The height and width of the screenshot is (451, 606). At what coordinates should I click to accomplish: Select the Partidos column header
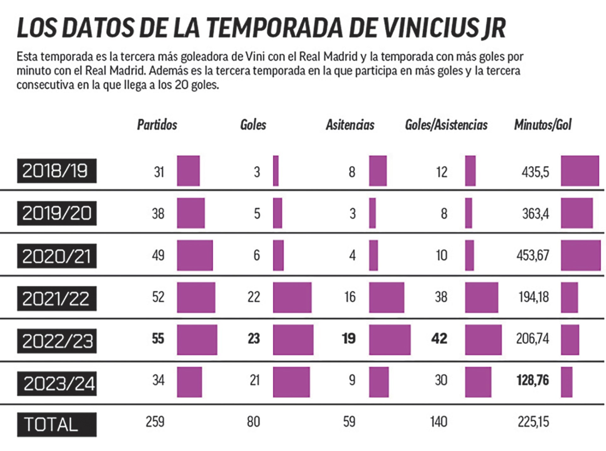point(157,125)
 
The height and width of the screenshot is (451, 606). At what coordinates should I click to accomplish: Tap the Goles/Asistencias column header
point(446,125)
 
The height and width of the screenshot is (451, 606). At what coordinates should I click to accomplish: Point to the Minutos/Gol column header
point(543,125)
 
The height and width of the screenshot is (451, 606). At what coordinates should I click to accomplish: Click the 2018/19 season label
point(57,171)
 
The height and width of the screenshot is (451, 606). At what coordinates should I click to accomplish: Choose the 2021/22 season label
point(57,299)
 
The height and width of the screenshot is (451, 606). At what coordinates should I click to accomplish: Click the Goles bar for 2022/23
point(293,340)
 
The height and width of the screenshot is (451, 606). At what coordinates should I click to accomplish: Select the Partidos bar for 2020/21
point(195,255)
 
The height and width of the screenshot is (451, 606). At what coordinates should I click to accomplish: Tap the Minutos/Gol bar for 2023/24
point(567,382)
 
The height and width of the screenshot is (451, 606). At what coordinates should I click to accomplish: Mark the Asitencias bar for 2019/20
point(372,213)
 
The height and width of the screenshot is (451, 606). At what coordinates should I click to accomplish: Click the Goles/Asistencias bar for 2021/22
point(482,297)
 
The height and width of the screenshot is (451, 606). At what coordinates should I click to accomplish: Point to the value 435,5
point(535,172)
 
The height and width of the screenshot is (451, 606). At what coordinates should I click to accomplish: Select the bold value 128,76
point(533,380)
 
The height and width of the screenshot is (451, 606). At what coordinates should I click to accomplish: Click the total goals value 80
point(253,422)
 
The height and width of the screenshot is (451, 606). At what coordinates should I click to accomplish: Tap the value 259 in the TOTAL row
point(155,422)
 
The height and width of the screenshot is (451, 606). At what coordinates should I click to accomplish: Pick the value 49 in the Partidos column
point(158,255)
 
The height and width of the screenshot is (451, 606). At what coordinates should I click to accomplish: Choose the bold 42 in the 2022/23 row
point(439,339)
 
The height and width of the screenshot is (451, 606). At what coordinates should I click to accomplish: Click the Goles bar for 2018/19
point(276,171)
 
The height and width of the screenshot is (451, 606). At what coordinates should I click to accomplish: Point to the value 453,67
point(533,255)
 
